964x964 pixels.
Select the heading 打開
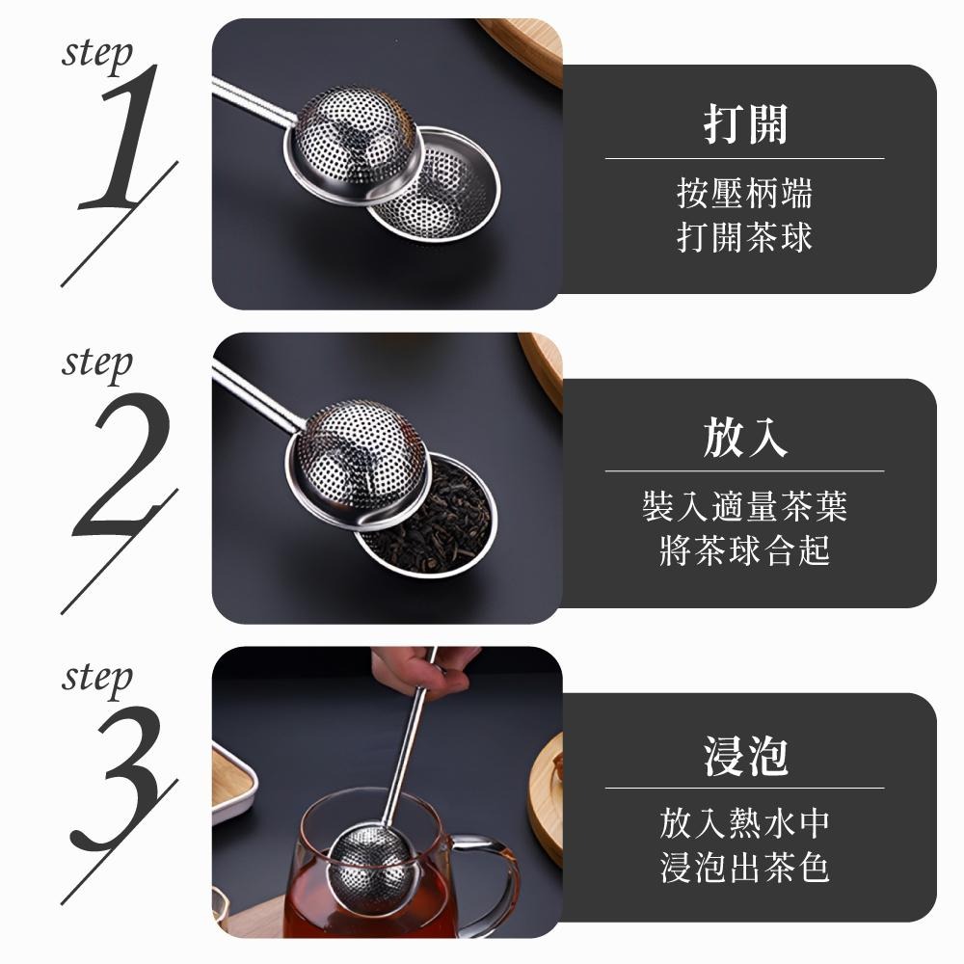coord(744,124)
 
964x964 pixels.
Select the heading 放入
coord(744,439)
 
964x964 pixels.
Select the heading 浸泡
coord(744,755)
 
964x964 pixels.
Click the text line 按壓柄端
coord(744,193)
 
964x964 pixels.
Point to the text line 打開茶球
coord(744,236)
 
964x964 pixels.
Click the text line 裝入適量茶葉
coord(744,506)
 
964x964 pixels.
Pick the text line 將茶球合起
coord(744,551)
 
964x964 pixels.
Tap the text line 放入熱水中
coord(744,823)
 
